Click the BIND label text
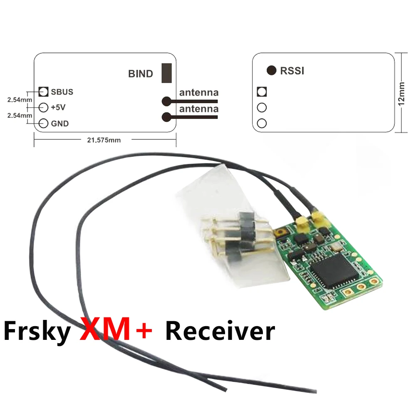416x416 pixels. (x=141, y=74)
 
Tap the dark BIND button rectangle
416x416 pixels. (x=167, y=73)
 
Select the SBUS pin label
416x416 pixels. (x=62, y=92)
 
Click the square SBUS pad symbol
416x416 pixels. (x=43, y=92)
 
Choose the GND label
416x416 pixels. (x=60, y=124)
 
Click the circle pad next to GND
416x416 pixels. (x=43, y=124)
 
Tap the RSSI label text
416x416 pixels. (x=292, y=71)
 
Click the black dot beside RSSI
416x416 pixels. (x=271, y=71)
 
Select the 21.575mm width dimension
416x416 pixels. (x=104, y=140)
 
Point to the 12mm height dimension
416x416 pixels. (x=401, y=94)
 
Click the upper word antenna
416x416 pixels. (x=198, y=92)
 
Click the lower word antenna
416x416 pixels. (x=198, y=109)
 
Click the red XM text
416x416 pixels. (x=108, y=330)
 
